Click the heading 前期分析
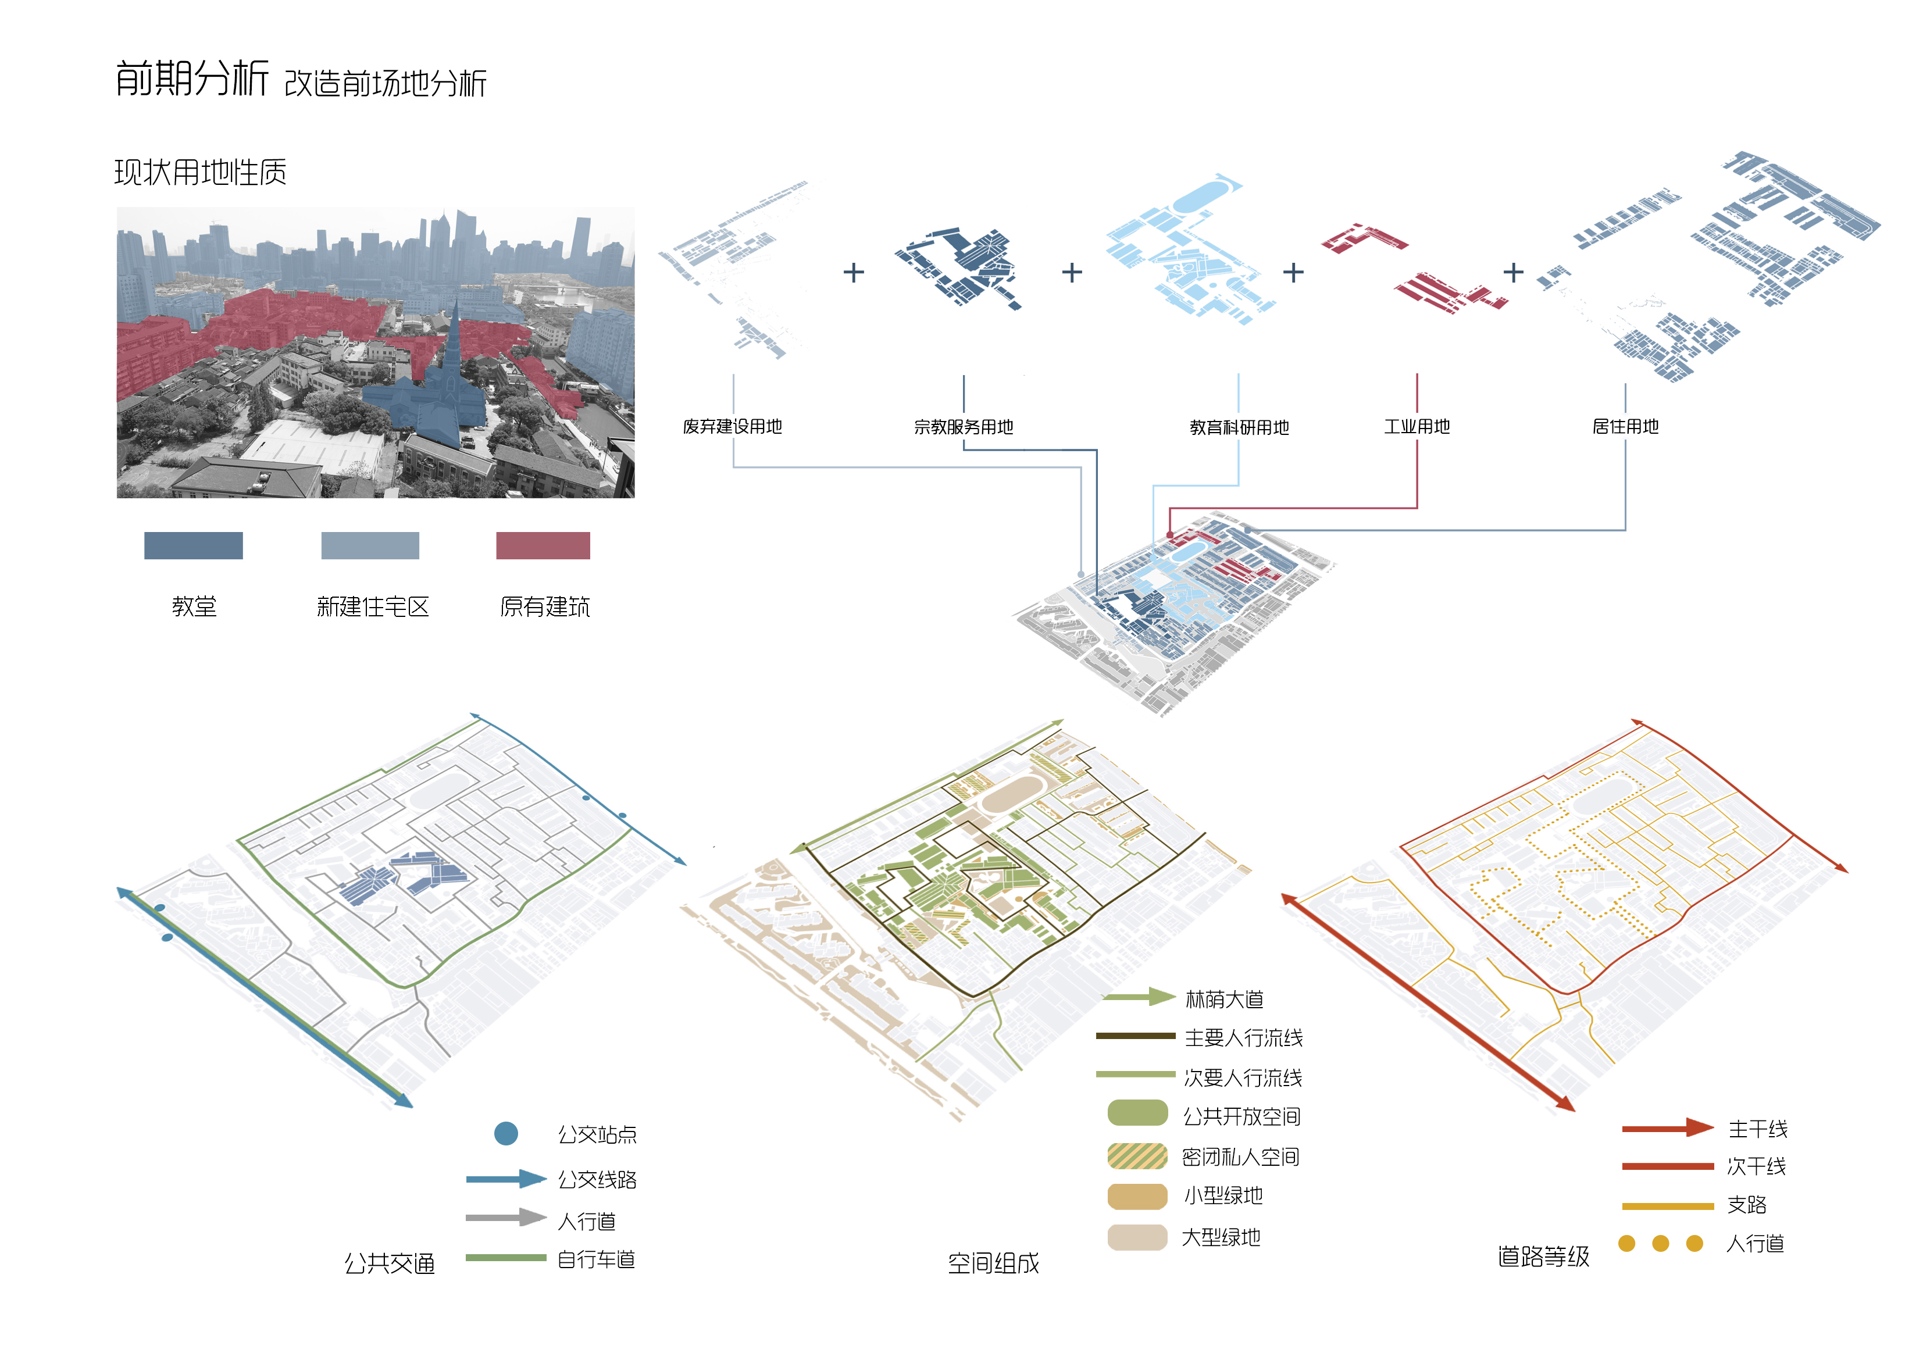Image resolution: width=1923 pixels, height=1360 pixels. click(x=192, y=78)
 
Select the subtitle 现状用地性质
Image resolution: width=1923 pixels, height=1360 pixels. click(x=200, y=173)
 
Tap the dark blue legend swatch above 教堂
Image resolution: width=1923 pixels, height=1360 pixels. click(x=194, y=545)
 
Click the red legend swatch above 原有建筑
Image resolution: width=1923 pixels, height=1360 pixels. click(x=543, y=545)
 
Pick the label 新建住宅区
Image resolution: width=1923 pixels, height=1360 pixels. click(x=373, y=606)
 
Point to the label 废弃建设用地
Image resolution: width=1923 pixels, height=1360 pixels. click(x=733, y=426)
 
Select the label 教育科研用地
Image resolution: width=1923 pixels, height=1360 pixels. click(x=1240, y=428)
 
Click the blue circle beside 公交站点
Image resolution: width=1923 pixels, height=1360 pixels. click(x=506, y=1134)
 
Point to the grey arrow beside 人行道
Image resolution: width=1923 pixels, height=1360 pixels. click(x=506, y=1218)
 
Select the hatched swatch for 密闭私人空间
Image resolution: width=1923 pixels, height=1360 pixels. click(x=1137, y=1156)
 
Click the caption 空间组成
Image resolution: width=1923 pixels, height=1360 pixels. click(x=993, y=1263)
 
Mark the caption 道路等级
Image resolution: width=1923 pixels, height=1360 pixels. click(x=1544, y=1256)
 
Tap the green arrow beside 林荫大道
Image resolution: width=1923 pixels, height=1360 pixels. click(x=1139, y=997)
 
